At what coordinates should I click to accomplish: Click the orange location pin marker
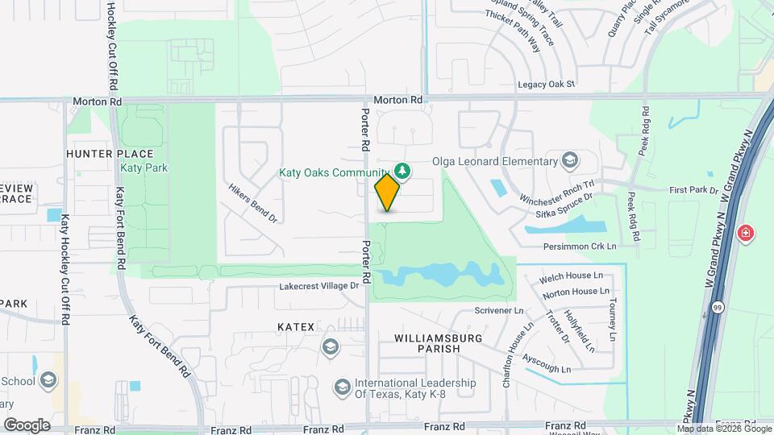pos(388,193)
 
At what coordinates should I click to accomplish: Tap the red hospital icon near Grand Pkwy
pos(747,234)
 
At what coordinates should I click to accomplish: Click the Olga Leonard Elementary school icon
pos(571,159)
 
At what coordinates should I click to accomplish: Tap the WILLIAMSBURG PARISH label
pos(427,342)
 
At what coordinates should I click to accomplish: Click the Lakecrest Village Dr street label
pos(318,286)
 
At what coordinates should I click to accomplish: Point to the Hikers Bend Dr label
pos(252,208)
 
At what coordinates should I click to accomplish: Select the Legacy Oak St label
pos(546,84)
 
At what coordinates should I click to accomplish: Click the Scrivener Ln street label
pos(499,310)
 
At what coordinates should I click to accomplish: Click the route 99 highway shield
pos(718,307)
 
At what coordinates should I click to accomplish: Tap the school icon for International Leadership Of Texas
pos(342,387)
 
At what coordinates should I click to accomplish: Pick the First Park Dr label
pos(693,190)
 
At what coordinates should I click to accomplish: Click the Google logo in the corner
pos(27,425)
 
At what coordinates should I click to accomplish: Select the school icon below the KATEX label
pos(329,347)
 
